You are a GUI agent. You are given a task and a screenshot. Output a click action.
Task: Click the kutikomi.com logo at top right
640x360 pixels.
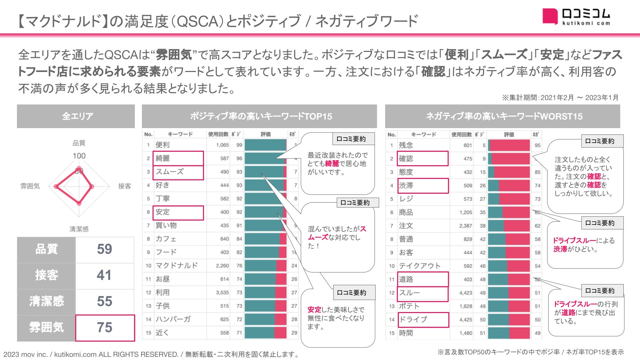576,17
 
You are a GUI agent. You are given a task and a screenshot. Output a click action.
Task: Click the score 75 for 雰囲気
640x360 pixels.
105,328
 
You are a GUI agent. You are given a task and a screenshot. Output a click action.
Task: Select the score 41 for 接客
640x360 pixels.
104,275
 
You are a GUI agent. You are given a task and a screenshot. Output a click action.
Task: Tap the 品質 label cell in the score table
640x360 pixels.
46,249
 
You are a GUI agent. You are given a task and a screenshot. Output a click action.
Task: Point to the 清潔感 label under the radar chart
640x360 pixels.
79,229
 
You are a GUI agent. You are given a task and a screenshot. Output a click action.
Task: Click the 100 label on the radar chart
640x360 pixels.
79,156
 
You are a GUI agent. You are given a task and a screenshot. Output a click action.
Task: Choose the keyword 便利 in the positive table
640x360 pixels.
163,145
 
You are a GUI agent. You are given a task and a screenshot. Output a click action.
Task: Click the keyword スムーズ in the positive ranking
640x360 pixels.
170,172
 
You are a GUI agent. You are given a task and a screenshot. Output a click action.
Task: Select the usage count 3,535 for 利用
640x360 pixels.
222,293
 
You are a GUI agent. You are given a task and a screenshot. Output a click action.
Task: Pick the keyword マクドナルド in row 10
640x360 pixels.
177,265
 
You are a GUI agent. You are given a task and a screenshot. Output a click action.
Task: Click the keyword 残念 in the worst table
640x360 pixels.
406,145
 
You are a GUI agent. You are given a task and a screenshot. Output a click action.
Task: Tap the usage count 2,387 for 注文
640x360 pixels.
466,226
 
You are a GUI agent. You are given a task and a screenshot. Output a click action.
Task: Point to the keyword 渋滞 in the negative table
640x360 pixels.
406,185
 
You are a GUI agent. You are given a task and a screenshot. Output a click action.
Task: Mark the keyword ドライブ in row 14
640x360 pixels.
413,319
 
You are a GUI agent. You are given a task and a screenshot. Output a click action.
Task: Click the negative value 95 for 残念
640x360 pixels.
537,145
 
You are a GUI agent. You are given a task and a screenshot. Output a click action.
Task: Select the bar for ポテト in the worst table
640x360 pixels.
509,306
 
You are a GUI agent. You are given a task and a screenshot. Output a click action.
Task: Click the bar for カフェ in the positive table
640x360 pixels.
265,239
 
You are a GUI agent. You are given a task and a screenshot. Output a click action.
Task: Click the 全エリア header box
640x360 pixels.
76,116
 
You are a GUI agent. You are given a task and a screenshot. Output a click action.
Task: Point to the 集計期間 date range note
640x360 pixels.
560,97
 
